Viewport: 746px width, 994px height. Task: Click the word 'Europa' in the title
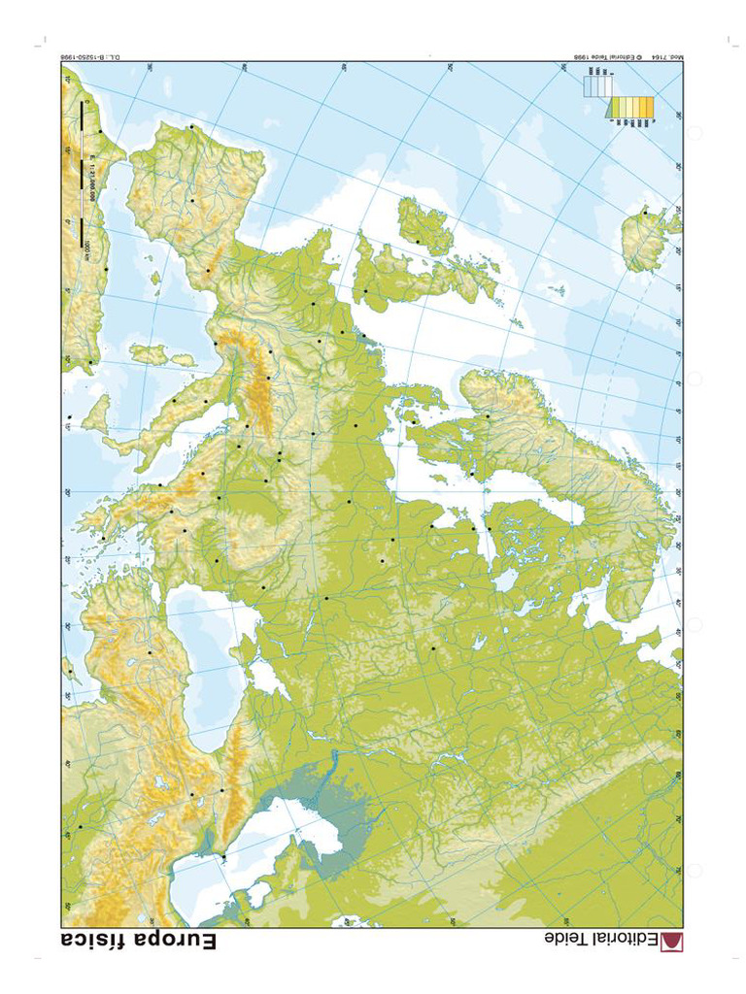coord(175,941)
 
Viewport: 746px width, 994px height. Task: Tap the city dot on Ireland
coord(418,241)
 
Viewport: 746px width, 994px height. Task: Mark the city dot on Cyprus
coord(70,670)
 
